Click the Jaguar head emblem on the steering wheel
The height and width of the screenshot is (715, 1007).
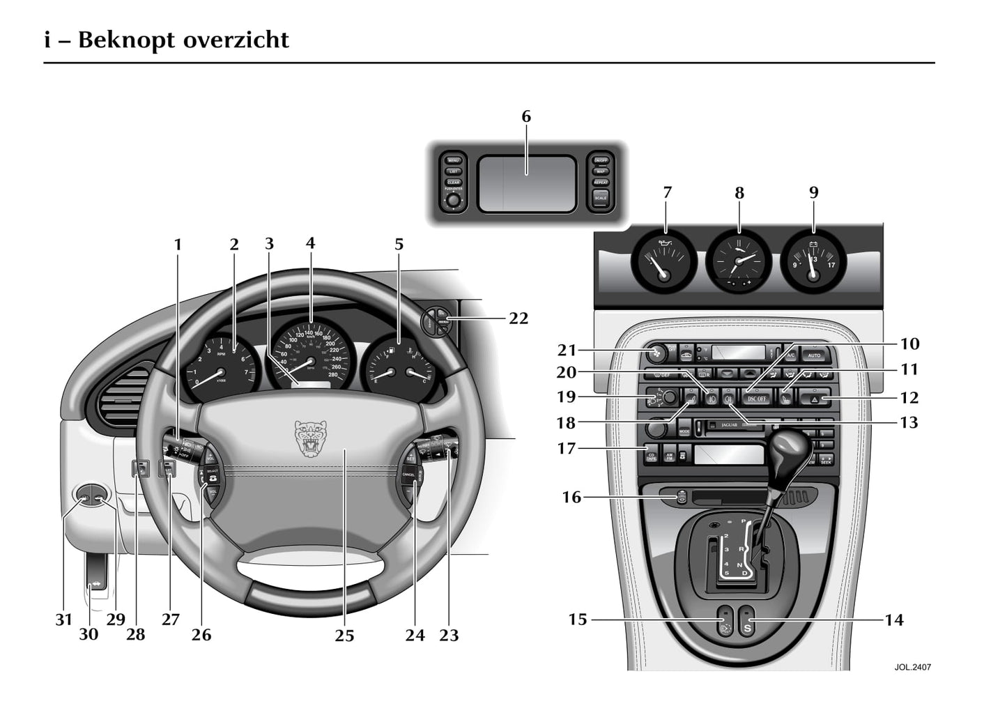[311, 438]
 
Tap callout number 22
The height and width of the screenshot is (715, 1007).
[518, 318]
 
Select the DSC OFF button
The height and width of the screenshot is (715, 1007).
[757, 399]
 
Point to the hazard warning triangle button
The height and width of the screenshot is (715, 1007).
[815, 399]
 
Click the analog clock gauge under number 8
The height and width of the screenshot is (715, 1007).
[739, 260]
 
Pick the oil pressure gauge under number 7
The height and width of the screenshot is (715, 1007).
[663, 261]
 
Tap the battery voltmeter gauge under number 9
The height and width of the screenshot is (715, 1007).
[812, 261]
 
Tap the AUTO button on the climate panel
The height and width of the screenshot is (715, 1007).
[815, 355]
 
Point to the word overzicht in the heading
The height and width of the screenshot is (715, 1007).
[236, 40]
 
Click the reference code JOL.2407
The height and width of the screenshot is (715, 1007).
[912, 667]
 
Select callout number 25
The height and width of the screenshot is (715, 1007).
[344, 636]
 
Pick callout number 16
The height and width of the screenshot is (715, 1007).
[571, 498]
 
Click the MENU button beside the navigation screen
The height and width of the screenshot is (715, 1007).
[453, 160]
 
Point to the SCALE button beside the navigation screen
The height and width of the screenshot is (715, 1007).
[600, 198]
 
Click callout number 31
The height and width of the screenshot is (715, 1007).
[63, 620]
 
